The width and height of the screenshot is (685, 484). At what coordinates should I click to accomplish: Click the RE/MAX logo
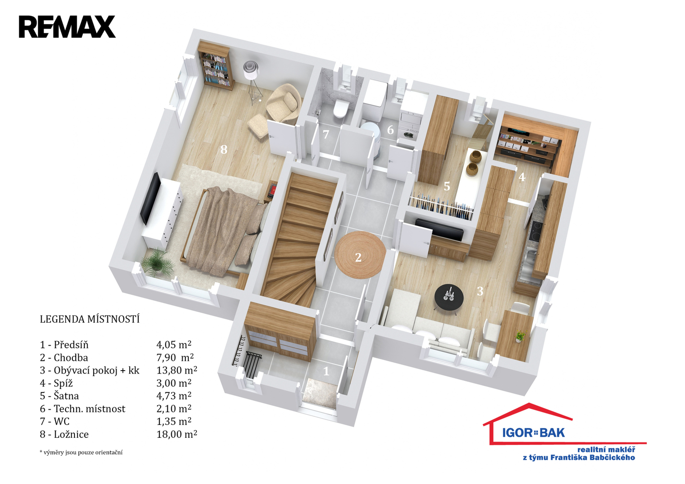click(x=67, y=26)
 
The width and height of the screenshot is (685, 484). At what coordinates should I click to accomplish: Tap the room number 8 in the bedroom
click(x=224, y=149)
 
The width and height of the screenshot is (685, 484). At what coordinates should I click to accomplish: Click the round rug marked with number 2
click(x=360, y=255)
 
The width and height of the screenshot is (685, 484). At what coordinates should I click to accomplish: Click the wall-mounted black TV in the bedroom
click(x=150, y=199)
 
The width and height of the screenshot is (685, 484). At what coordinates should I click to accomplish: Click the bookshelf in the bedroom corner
click(x=216, y=66)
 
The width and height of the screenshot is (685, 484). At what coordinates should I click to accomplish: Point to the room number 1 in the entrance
click(x=326, y=371)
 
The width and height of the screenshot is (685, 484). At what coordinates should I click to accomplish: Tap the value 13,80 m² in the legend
click(x=177, y=370)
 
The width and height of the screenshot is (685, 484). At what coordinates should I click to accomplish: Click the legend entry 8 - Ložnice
click(x=64, y=434)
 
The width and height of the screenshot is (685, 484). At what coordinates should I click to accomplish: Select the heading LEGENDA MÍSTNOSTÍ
click(x=90, y=319)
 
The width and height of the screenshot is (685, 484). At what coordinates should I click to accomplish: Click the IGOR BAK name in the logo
click(x=533, y=432)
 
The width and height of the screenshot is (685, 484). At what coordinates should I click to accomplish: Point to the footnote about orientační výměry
click(x=81, y=452)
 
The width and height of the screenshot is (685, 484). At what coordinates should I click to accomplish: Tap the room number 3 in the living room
click(x=480, y=291)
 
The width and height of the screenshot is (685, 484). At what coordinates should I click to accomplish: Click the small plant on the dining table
click(x=519, y=336)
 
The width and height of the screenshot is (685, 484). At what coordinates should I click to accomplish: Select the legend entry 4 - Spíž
click(x=56, y=383)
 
